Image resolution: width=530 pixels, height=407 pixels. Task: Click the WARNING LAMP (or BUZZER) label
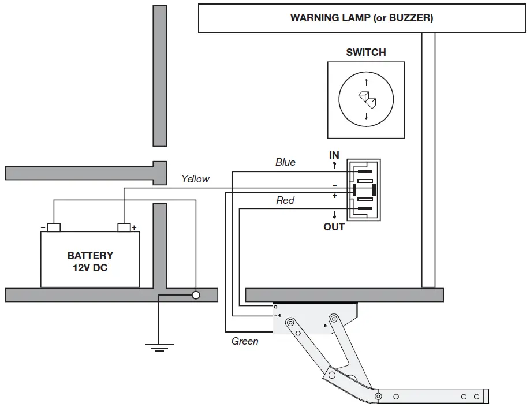pos(361,18)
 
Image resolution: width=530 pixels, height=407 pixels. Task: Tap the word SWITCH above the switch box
pos(365,53)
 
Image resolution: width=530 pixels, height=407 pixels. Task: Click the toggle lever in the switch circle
pos(366,99)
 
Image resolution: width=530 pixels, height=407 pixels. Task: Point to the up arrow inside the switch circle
pos(366,83)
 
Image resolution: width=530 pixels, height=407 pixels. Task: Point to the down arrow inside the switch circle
pos(366,117)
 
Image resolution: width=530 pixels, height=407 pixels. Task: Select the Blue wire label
pos(285,162)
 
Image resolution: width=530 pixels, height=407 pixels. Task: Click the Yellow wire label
pos(195,179)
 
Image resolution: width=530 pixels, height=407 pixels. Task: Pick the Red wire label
pos(285,200)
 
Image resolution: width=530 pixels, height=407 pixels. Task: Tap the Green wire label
pos(245,341)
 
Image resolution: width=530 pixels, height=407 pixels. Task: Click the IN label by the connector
pos(334,155)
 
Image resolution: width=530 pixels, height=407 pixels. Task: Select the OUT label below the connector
pos(334,227)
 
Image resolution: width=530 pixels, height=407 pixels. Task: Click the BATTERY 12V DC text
pos(90,262)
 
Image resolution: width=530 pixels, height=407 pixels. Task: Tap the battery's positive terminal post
pos(124,227)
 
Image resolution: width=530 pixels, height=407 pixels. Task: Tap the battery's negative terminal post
pos(54,227)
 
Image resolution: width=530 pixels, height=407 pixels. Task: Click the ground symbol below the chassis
pos(159,346)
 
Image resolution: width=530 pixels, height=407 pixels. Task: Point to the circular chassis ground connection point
pos(196,295)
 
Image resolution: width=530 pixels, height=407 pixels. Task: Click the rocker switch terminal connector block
pos(364,189)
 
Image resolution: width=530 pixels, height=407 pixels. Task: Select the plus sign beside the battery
pos(134,227)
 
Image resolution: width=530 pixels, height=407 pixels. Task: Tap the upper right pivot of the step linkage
pos(334,319)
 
